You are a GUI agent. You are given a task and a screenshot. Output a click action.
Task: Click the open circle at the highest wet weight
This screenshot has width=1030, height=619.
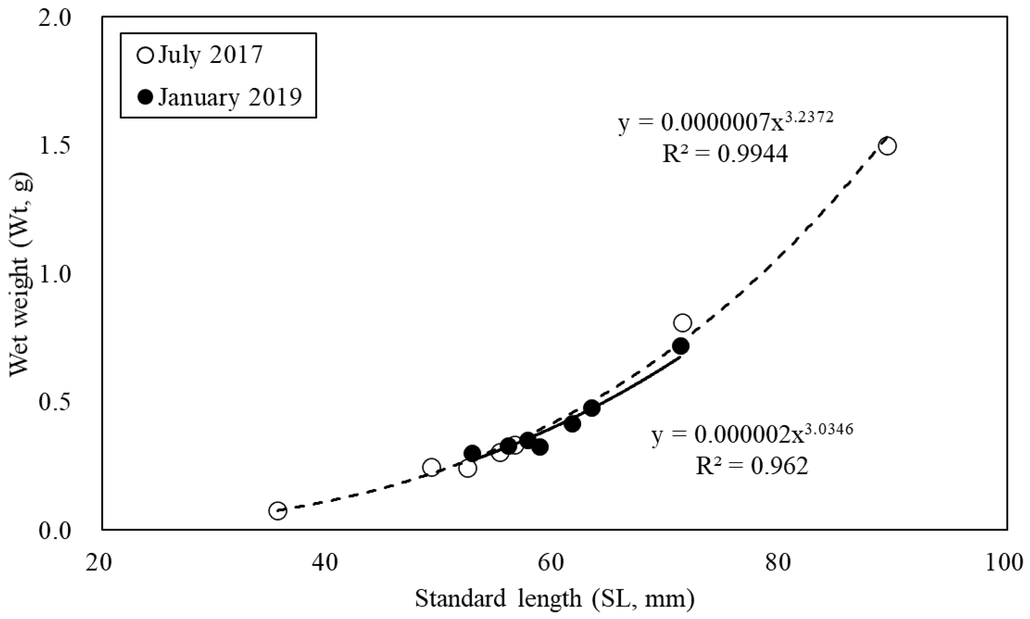point(887,146)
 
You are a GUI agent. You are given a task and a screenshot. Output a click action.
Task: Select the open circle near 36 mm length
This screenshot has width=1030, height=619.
point(278,511)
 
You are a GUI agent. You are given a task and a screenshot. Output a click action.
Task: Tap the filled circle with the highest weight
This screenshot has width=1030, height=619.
point(681,346)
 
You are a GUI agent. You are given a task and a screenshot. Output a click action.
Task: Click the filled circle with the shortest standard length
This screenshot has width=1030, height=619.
point(472,453)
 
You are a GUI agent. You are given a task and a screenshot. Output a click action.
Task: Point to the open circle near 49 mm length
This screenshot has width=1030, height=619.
point(431,467)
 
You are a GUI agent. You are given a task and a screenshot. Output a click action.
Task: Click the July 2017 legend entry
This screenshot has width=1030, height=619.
point(200,55)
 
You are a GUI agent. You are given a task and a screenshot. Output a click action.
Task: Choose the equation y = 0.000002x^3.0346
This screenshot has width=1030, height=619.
point(752,435)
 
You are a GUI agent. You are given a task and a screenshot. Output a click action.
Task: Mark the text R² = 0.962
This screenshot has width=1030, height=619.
point(752,466)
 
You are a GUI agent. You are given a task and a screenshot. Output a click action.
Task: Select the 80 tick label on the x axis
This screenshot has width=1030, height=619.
point(778,563)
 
